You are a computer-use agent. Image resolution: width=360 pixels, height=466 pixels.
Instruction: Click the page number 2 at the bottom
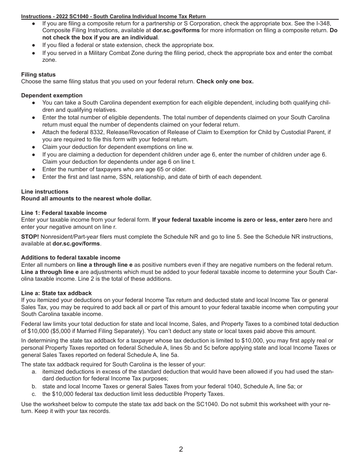pyautogui.click(x=181, y=449)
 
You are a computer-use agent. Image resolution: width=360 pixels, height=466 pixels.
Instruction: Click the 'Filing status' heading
pyautogui.click(x=38, y=75)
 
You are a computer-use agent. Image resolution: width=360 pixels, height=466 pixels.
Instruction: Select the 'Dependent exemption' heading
pyautogui.click(x=52, y=95)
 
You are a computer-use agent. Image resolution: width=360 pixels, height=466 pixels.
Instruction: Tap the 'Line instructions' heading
pyautogui.click(x=45, y=192)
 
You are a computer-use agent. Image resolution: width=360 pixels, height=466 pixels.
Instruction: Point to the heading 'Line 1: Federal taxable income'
pyautogui.click(x=64, y=213)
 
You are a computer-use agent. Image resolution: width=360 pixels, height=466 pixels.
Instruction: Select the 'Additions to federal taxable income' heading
pyautogui.click(x=70, y=258)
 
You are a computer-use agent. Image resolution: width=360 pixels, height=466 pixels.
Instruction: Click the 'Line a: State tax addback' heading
pyautogui.click(x=56, y=293)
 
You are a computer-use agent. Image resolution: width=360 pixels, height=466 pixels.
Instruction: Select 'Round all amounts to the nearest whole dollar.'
pyautogui.click(x=86, y=199)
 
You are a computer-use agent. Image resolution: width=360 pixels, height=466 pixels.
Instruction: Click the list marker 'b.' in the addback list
pyautogui.click(x=34, y=387)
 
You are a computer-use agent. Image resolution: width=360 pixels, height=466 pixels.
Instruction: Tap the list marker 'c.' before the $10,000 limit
pyautogui.click(x=34, y=394)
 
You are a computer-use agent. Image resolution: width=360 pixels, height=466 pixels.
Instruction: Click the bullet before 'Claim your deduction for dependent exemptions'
pyautogui.click(x=34, y=147)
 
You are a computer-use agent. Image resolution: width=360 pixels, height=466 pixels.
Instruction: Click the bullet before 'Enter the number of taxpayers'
pyautogui.click(x=34, y=169)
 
